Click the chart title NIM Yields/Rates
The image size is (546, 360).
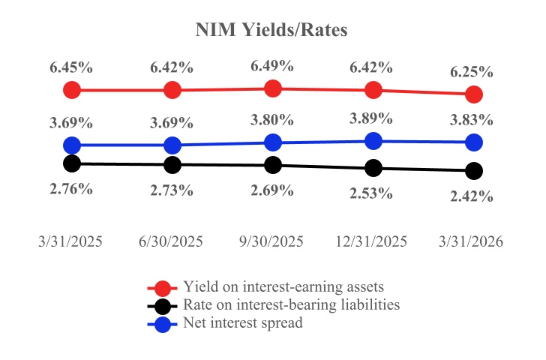[272, 30]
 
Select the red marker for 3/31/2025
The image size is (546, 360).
[72, 90]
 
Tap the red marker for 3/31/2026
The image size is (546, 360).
[473, 94]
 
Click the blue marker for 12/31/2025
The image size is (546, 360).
[373, 141]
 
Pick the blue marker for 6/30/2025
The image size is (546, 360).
[172, 145]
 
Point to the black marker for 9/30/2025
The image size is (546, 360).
[273, 165]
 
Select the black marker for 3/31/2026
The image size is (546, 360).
[473, 171]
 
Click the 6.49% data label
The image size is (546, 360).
[272, 66]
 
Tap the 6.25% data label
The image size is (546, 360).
[471, 72]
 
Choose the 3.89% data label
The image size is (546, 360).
[371, 118]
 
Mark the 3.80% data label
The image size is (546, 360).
[272, 120]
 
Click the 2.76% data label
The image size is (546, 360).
[71, 188]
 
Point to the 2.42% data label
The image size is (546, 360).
[471, 196]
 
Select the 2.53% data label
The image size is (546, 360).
[371, 193]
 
